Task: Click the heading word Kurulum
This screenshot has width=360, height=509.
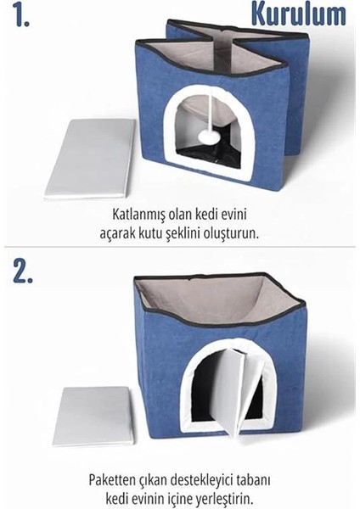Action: pyautogui.click(x=298, y=14)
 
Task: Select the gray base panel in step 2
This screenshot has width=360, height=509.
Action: pyautogui.click(x=93, y=415)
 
